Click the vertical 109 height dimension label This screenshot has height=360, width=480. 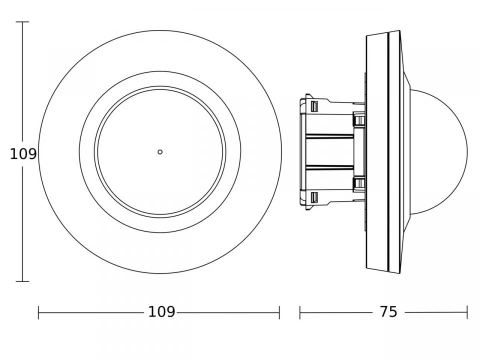click(x=23, y=154)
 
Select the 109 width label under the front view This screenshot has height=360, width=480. click(x=161, y=312)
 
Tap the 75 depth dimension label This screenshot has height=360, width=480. click(x=388, y=312)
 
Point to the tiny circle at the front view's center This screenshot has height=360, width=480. click(x=160, y=152)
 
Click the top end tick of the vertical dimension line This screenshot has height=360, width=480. click(x=22, y=22)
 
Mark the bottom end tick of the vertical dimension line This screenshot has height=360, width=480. click(x=22, y=281)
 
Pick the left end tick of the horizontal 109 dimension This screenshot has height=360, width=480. click(x=38, y=312)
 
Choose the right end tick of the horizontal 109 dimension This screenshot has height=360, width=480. click(x=279, y=312)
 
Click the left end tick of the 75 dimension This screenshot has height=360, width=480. click(x=300, y=312)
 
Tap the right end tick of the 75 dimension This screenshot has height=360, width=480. click(x=467, y=312)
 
